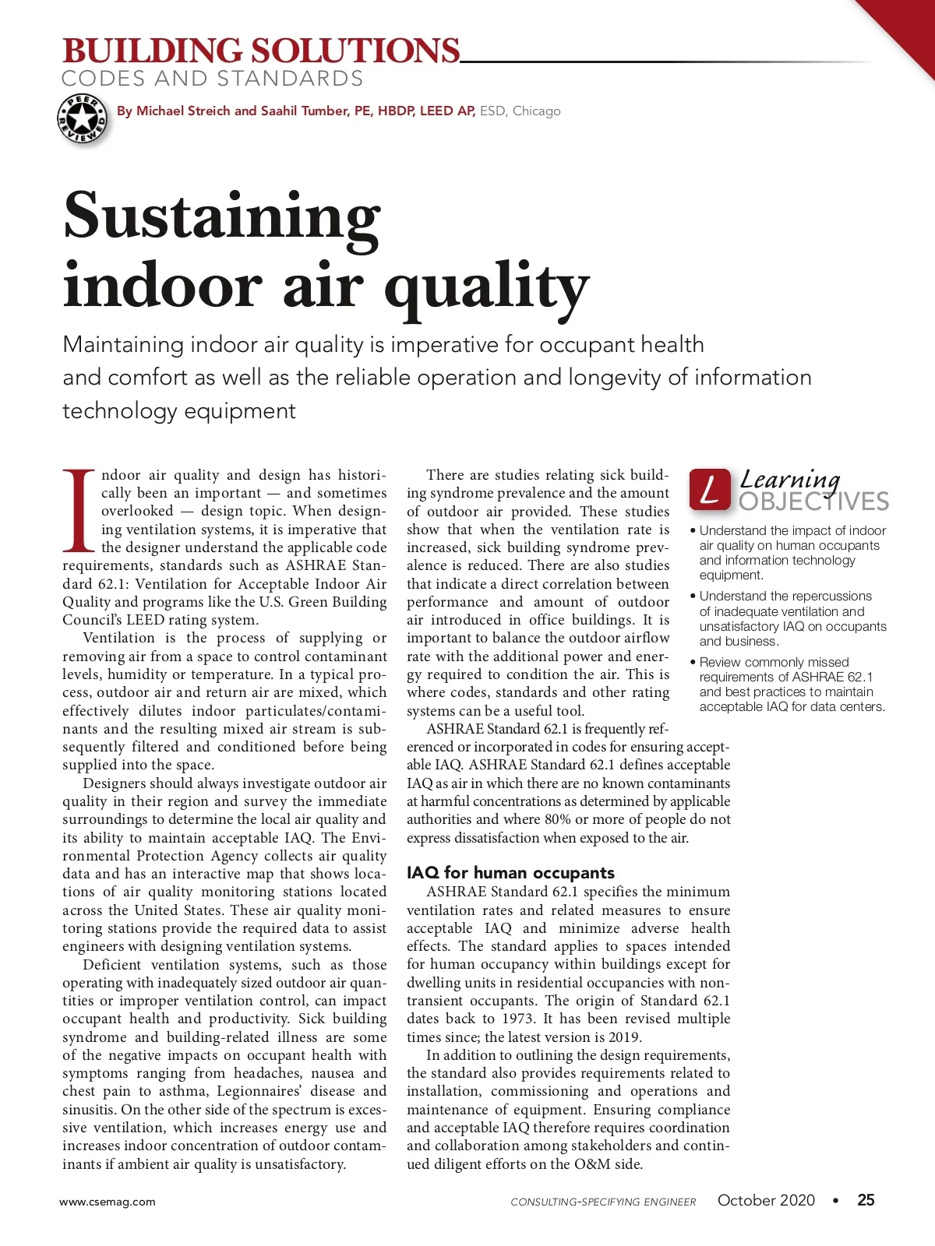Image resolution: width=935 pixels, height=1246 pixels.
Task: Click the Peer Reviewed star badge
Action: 81,119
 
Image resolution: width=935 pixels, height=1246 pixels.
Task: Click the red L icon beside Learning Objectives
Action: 710,489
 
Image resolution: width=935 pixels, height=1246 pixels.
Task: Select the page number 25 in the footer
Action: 866,1200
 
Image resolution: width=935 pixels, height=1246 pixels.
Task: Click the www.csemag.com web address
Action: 108,1202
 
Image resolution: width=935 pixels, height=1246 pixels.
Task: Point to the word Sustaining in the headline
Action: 222,216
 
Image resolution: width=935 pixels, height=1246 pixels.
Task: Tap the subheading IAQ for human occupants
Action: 510,873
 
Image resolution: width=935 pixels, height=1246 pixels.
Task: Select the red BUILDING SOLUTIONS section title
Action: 261,51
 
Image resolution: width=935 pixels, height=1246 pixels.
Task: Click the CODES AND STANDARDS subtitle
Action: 212,79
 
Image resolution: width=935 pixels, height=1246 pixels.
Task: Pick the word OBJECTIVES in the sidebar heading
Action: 813,502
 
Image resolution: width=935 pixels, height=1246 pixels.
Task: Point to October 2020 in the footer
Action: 766,1200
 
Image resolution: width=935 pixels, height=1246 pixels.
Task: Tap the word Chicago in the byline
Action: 536,111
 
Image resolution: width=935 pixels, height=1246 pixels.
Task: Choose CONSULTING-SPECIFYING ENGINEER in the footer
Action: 603,1202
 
